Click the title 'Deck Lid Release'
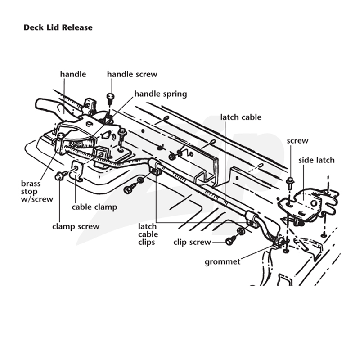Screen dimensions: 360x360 pos(58,27)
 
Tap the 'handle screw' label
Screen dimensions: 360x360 pos(132,74)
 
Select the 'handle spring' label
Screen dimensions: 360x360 pos(161,94)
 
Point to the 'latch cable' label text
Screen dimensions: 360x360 pos(241,117)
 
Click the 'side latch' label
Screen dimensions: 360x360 pos(316,160)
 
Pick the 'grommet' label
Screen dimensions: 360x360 pos(222,262)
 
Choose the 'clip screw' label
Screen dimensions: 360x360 pos(192,242)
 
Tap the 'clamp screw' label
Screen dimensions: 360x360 pos(76,227)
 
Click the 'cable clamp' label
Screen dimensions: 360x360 pos(94,207)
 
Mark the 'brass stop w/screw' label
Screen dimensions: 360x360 pos(37,192)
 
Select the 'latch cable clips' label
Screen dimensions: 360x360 pos(148,234)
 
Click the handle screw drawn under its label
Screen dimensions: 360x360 pos(111,98)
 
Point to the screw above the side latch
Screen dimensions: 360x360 pos(290,181)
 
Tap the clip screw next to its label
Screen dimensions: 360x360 pos(231,240)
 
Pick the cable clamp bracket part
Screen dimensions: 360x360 pos(77,171)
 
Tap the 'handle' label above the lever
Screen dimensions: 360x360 pos(73,74)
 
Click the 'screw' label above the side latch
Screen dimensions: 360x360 pos(297,141)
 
